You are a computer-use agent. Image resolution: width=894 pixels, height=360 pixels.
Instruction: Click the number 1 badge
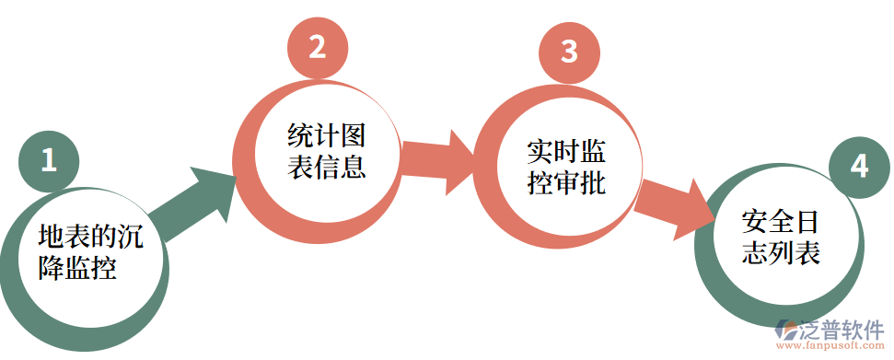(x=49, y=160)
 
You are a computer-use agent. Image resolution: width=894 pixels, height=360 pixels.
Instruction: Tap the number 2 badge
(x=317, y=47)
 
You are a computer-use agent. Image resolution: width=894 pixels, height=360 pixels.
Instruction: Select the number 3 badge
(x=569, y=52)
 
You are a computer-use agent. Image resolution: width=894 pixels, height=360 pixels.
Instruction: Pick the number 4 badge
(x=859, y=167)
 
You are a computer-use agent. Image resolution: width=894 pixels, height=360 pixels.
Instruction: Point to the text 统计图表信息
(x=327, y=152)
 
